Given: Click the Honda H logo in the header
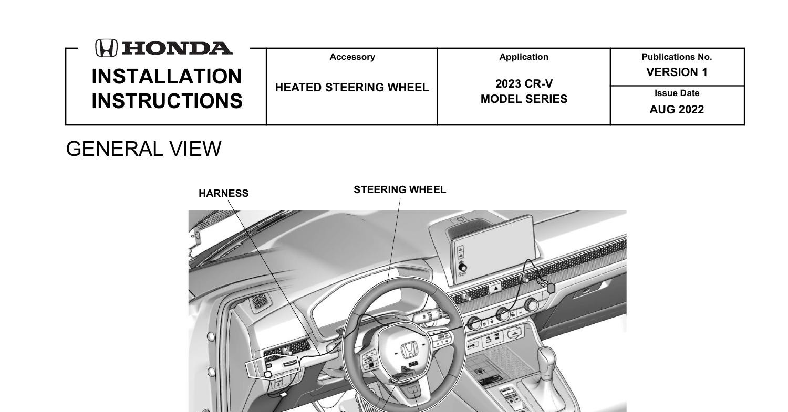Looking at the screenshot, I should coord(106,48).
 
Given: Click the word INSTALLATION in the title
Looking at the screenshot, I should coord(167,77).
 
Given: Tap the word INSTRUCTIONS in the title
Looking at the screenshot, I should coord(167,101).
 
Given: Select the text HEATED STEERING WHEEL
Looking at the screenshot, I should coord(352,88).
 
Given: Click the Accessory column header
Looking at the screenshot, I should coord(352,57).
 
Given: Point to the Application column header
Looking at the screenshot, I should coord(524,57).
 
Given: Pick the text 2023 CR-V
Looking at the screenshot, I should coord(524,84).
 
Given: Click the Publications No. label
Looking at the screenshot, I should coord(677,57).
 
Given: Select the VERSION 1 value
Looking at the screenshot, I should coord(677,72).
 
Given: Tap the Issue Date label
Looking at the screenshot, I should coord(677,93).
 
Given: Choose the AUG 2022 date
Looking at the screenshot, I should coord(677,110).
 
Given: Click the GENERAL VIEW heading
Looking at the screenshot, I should coord(143,149).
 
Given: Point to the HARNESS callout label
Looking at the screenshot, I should coord(223,193).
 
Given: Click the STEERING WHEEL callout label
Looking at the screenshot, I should coord(400,189).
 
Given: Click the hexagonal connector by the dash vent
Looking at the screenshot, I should coord(551,288).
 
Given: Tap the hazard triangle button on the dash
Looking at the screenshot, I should coord(495,289).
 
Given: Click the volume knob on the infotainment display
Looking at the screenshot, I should coord(462,268).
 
